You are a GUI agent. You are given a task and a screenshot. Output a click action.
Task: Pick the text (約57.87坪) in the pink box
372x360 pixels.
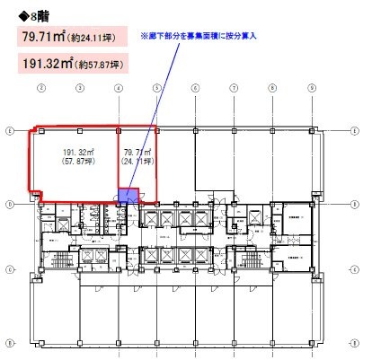(107, 66)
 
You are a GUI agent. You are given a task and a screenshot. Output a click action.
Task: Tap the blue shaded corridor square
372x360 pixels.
(127, 198)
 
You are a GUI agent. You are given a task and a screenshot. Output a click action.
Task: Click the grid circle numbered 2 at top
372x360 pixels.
(41, 88)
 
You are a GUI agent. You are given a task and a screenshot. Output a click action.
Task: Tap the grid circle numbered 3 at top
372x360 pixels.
(80, 88)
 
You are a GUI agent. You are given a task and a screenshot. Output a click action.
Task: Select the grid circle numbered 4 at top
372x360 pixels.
(119, 88)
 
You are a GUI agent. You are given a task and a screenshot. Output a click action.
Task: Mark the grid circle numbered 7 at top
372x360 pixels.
(234, 88)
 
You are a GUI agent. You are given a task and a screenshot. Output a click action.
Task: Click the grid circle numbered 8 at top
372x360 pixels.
(272, 88)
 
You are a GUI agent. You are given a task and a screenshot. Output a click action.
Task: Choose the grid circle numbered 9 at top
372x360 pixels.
(310, 88)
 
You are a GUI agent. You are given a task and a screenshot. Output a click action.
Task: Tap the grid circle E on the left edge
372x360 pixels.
(9, 130)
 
